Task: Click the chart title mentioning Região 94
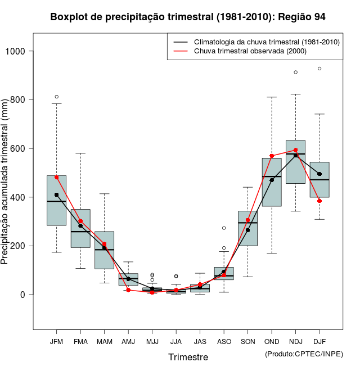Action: coord(188,17)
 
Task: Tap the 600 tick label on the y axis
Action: coord(19,148)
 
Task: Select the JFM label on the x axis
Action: coord(56,342)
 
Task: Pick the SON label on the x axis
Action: coord(247,342)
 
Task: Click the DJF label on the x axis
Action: coord(319,342)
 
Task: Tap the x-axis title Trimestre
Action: coord(188,357)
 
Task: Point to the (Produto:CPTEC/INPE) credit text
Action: coord(304,354)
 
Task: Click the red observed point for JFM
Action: coord(56,177)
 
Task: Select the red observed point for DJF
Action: coord(319,201)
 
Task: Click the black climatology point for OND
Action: coord(272,180)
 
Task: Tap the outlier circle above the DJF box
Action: coord(319,69)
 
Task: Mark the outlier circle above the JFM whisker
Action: coord(56,97)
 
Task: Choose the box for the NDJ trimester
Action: coord(295,162)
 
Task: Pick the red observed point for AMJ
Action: coord(128,290)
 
